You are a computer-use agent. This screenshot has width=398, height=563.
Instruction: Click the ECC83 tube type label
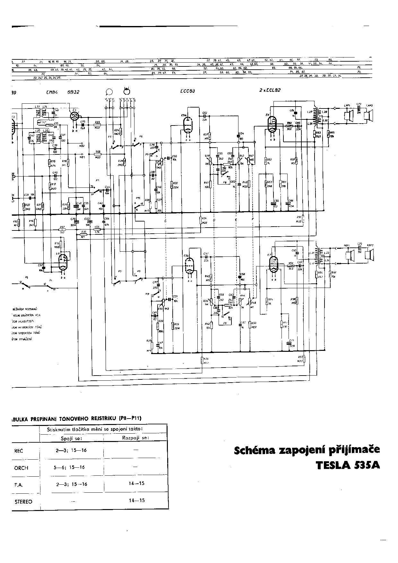point(187,91)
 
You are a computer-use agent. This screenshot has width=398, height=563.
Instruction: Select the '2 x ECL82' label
point(270,90)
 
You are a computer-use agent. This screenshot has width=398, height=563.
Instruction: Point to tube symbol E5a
point(187,124)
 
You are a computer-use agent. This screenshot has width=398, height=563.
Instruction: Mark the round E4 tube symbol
point(75,116)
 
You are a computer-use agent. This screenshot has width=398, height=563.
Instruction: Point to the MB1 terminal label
point(82,157)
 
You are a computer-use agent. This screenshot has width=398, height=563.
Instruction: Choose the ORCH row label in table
point(21,468)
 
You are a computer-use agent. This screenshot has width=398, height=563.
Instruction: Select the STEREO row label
point(23,501)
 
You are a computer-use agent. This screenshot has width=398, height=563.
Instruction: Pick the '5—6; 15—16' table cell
point(69,467)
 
